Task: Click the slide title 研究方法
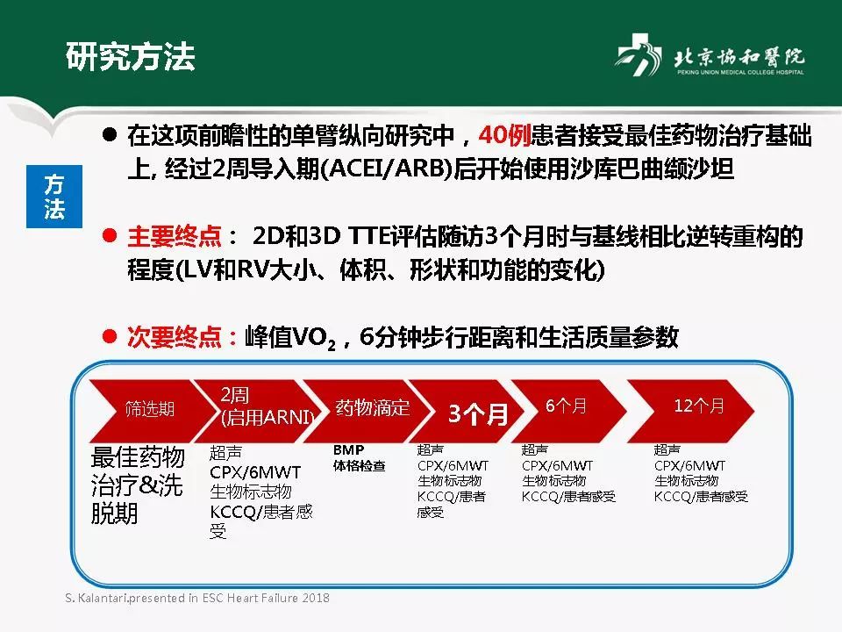click(131, 55)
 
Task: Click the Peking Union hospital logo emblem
click(639, 59)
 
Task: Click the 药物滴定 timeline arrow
click(368, 408)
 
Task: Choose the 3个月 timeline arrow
click(474, 413)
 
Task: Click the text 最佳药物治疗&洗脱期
click(138, 485)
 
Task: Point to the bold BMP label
click(348, 449)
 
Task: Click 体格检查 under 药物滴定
click(359, 466)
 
